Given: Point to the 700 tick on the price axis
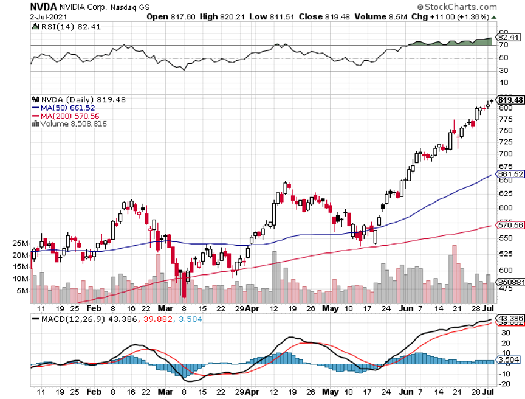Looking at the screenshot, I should click(x=505, y=154).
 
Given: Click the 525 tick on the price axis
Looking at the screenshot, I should click(x=505, y=254).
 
